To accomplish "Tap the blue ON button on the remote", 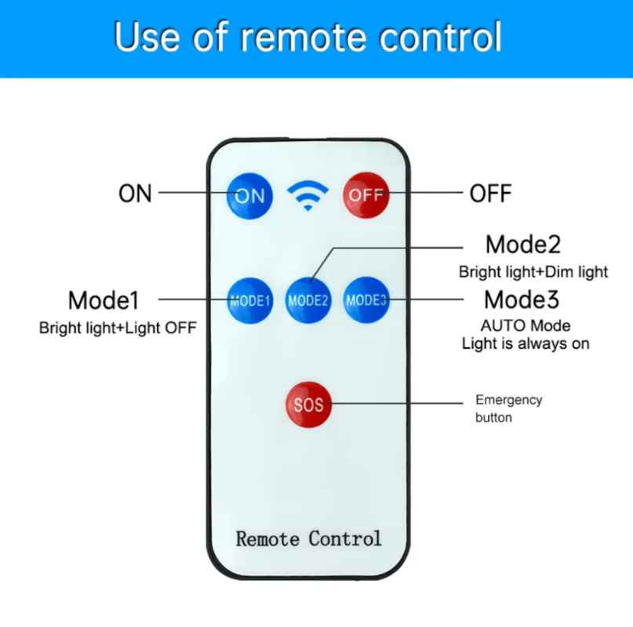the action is click(x=249, y=196).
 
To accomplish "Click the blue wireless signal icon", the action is click(x=307, y=195).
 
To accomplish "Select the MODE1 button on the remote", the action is click(x=249, y=301).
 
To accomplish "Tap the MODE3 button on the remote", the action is click(x=366, y=299).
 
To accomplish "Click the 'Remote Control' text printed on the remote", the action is click(x=308, y=538).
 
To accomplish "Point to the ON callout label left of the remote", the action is click(x=135, y=194).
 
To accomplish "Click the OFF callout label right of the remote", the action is click(x=490, y=194).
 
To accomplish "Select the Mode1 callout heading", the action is click(x=104, y=301).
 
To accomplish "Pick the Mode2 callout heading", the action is click(x=523, y=245).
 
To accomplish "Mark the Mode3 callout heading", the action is click(x=522, y=299).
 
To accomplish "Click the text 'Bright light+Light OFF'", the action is click(x=118, y=328).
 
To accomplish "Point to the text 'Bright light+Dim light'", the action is click(x=533, y=272).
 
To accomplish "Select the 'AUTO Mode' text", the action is click(x=526, y=325).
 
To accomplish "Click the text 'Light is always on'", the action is click(x=526, y=344).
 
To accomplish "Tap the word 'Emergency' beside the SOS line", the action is click(x=508, y=400).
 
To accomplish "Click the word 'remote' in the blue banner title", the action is click(x=304, y=38).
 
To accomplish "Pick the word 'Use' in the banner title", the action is click(x=147, y=37).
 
